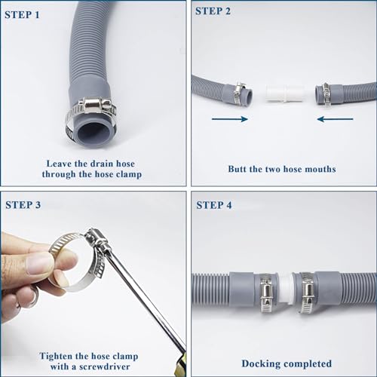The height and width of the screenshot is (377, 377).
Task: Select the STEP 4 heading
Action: tap(216, 204)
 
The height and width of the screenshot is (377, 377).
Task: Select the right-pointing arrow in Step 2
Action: tap(229, 118)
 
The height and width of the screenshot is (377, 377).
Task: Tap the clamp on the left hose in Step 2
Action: tap(238, 93)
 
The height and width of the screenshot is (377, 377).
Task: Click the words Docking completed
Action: tap(283, 363)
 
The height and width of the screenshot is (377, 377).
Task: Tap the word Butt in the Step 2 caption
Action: tap(241, 169)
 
